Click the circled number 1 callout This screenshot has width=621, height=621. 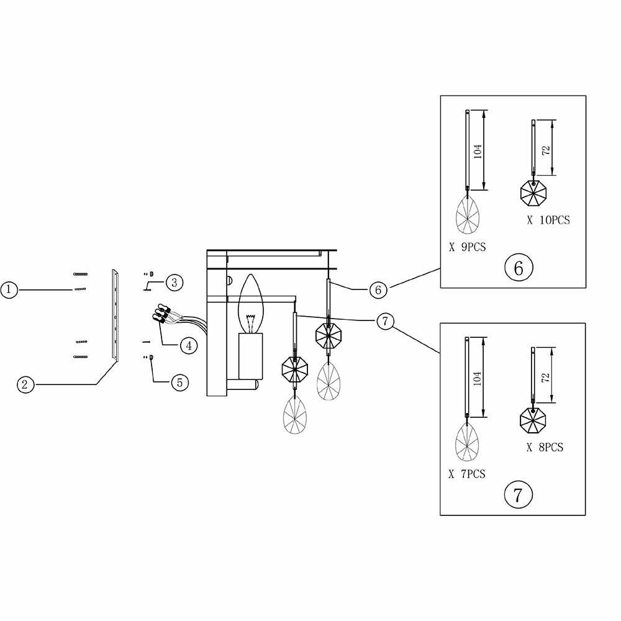tap(8, 289)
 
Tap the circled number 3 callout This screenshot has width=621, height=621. tap(174, 283)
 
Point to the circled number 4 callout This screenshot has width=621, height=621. tap(189, 345)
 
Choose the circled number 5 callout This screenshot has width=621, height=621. tap(179, 382)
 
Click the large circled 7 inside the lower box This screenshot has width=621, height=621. tap(518, 494)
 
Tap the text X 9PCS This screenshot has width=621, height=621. tap(467, 247)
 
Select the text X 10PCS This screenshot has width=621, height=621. tap(548, 219)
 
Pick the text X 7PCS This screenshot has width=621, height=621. tap(467, 474)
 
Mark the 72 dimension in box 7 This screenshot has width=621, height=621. tap(545, 378)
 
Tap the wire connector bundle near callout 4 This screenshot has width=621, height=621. tap(163, 312)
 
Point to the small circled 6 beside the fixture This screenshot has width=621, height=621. tap(378, 289)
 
